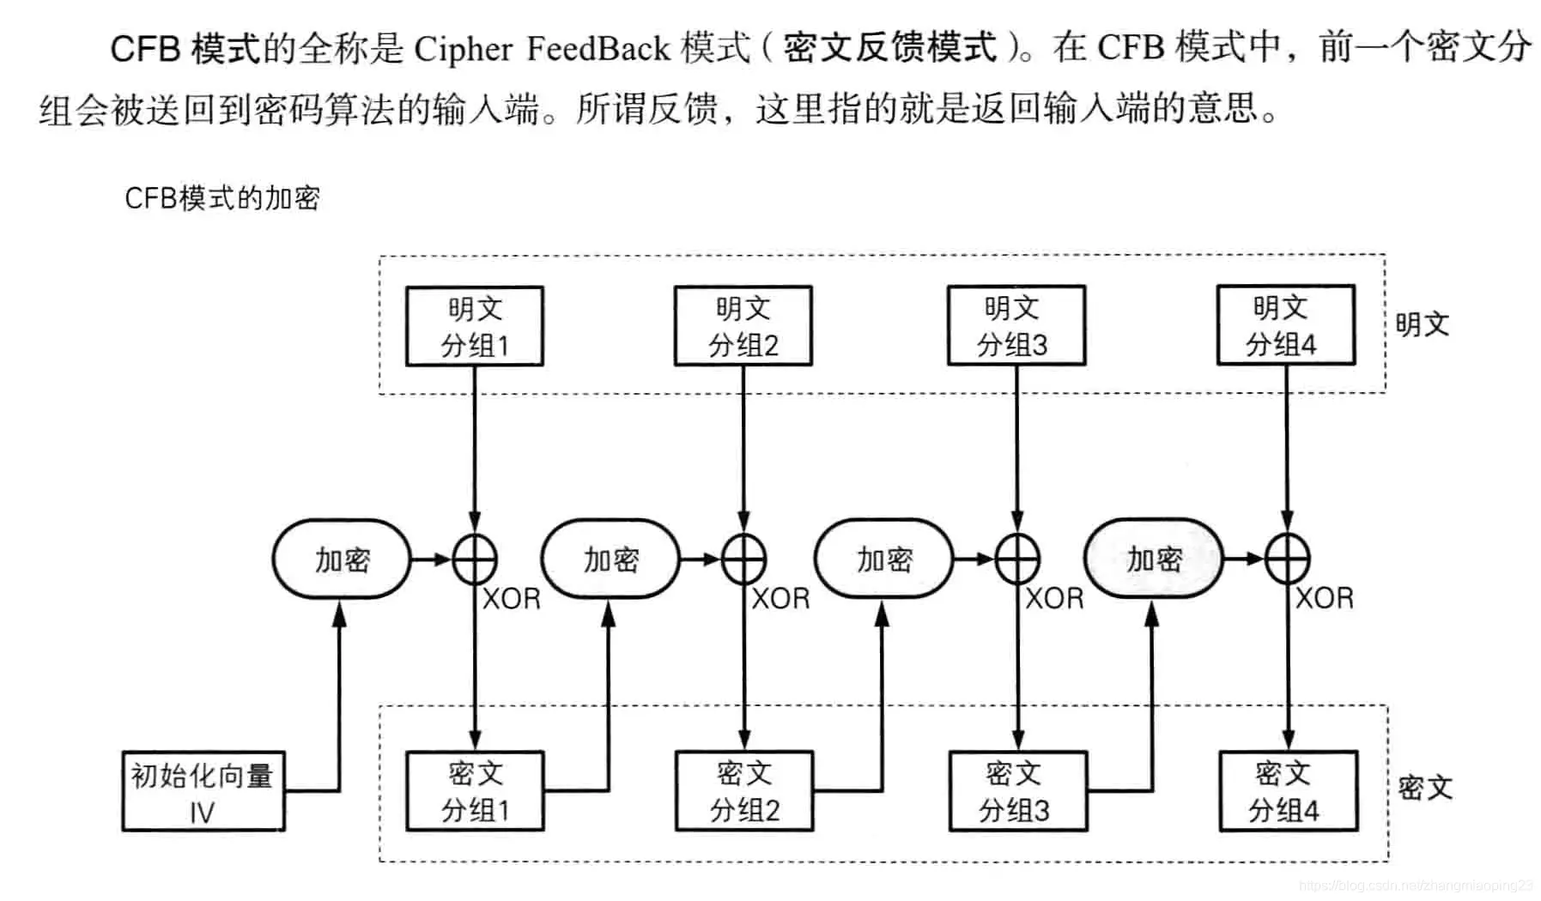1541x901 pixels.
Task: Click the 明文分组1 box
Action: [474, 326]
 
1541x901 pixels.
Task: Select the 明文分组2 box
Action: [743, 326]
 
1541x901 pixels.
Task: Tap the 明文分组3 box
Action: [1016, 326]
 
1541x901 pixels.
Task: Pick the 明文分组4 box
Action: [1285, 325]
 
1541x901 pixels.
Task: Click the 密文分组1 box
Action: [475, 791]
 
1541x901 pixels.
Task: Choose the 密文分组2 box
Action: [744, 791]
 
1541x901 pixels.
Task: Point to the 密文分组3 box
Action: [1017, 791]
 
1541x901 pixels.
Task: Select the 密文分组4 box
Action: [1288, 791]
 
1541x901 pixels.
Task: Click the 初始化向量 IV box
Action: [203, 791]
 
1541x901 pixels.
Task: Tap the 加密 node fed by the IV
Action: [342, 559]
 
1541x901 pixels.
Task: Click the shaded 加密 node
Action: [1154, 559]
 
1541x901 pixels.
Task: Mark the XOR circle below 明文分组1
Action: [475, 559]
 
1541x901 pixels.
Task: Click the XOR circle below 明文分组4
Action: [1287, 559]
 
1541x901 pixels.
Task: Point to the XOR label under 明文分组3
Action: [1055, 598]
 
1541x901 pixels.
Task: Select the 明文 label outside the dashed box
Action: [1422, 324]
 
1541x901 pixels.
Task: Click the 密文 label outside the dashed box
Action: [1424, 788]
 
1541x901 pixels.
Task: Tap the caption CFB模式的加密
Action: [222, 198]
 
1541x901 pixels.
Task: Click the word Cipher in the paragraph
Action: [463, 48]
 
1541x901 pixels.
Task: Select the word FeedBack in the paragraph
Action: [598, 48]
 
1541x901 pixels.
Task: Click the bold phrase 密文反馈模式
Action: [889, 47]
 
